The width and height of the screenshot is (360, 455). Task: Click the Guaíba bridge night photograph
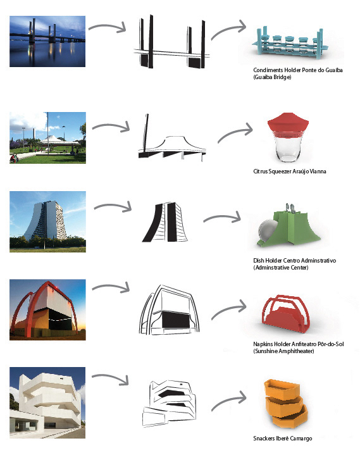click(x=47, y=41)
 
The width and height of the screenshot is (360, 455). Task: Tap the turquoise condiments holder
click(x=290, y=44)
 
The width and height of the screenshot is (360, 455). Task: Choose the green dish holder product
click(x=288, y=228)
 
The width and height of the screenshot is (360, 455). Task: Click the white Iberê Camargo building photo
click(x=47, y=402)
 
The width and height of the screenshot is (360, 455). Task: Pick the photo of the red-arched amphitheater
click(x=47, y=309)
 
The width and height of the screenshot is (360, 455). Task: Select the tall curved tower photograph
click(x=47, y=221)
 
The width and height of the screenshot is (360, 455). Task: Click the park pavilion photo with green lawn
click(x=47, y=138)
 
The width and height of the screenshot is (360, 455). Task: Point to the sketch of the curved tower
click(x=164, y=222)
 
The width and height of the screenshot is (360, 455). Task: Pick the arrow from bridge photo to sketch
click(x=108, y=27)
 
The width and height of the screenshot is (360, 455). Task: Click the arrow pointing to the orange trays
click(x=229, y=400)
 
